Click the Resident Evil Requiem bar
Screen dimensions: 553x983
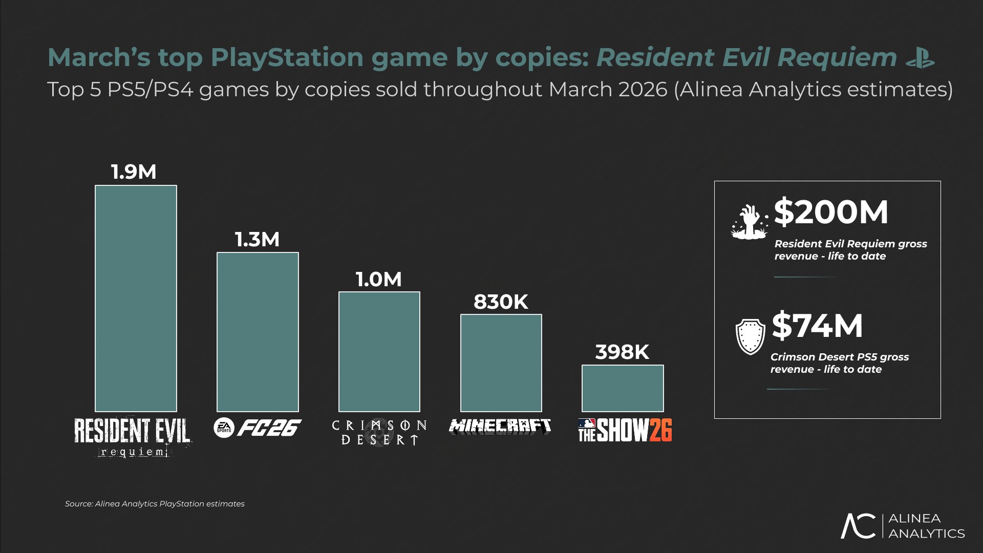coord(136,299)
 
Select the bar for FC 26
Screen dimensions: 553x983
coord(258,332)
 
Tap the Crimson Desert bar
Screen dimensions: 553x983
coord(379,352)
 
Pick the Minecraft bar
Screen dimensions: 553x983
coord(501,363)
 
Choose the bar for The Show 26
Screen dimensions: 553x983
coord(623,388)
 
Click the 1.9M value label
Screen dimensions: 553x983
coord(134,172)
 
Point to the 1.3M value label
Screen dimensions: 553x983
coord(257,240)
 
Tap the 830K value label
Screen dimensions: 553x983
coord(501,302)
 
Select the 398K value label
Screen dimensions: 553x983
coord(622,352)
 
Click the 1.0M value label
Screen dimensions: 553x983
coord(379,280)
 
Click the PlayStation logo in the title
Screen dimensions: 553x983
coord(921,58)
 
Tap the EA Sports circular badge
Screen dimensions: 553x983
coord(224,428)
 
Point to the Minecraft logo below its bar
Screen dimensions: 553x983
coord(500,427)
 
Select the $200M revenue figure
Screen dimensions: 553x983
coord(831,212)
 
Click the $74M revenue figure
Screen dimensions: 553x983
coord(817,326)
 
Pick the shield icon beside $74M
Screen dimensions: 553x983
coord(750,336)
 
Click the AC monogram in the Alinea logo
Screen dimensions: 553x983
coord(859,526)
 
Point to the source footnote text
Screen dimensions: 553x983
coord(155,504)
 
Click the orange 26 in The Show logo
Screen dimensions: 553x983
coord(660,430)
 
